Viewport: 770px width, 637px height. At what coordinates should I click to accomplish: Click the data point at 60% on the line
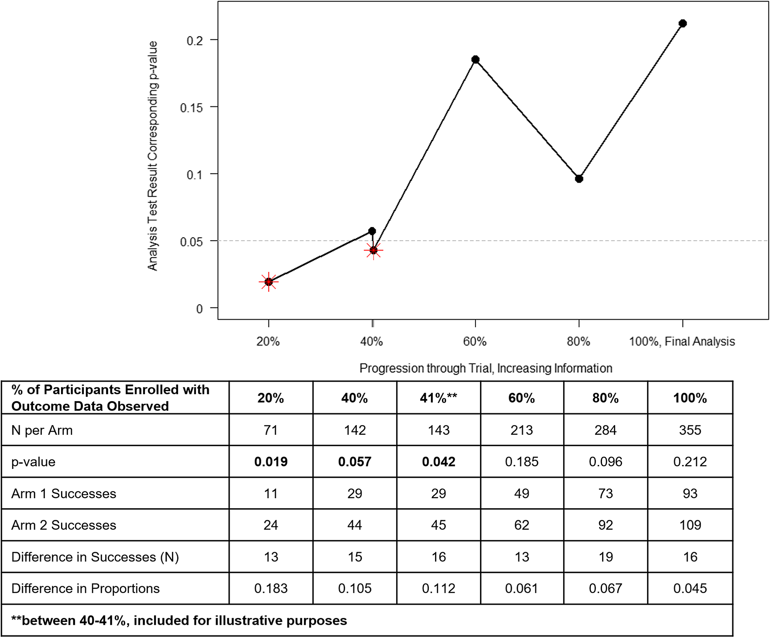(x=476, y=59)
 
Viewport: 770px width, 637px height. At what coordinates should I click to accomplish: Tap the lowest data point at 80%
(x=579, y=179)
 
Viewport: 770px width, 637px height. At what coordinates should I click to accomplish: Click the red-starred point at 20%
(x=269, y=282)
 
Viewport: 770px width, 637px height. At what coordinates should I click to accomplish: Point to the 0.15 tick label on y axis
(x=191, y=108)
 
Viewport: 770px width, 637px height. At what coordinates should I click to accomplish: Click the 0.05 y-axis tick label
(x=191, y=242)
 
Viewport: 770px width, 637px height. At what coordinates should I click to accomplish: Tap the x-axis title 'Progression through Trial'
(x=486, y=368)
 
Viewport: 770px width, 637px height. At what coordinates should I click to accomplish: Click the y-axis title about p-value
(x=152, y=156)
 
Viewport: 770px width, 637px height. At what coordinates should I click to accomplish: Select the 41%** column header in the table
(x=439, y=398)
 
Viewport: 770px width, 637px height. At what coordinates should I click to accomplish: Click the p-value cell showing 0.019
(x=271, y=462)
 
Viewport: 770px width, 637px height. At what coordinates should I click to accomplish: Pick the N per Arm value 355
(x=690, y=430)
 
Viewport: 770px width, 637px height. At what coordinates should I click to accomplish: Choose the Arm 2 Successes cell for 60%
(x=522, y=525)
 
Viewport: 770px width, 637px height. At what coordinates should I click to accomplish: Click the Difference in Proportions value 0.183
(x=271, y=588)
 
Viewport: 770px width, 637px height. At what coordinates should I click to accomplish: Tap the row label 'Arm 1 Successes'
(x=64, y=494)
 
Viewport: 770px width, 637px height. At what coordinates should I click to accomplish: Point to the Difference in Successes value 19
(x=606, y=557)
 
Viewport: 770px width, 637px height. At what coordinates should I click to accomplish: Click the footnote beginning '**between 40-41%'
(x=179, y=620)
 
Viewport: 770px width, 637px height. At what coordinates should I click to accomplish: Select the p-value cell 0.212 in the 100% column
(x=690, y=462)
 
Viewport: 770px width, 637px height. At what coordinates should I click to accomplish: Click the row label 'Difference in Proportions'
(x=85, y=588)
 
